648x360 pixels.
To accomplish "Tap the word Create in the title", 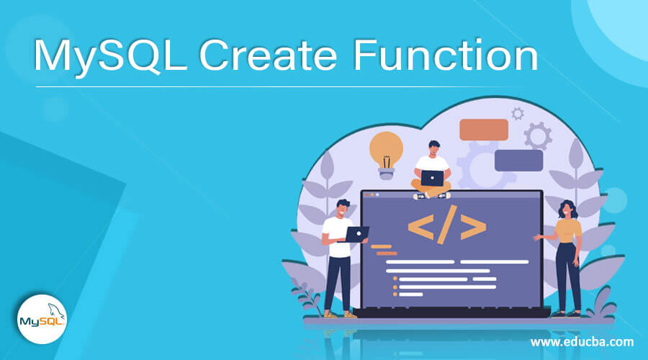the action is (269, 55).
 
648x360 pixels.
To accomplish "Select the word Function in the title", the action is (446, 55).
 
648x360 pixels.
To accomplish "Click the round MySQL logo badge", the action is (42, 319).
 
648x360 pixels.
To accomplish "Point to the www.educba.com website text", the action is (582, 342).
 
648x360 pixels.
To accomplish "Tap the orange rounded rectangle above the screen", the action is (484, 130).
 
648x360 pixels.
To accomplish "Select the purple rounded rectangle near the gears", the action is (518, 161).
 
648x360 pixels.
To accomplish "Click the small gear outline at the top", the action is (518, 113).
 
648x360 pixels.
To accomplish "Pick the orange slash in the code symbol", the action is (447, 225).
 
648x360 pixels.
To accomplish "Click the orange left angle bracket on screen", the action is (420, 227).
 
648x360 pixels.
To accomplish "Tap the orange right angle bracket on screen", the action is (473, 227).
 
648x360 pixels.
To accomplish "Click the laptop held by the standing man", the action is (356, 234).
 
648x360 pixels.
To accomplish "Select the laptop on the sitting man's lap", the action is (432, 178).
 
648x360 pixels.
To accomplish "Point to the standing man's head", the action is (343, 208).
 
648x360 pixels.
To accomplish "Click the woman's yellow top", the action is (568, 230).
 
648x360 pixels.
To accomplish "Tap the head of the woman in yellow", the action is (567, 210).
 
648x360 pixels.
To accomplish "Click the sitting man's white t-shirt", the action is (432, 163).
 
